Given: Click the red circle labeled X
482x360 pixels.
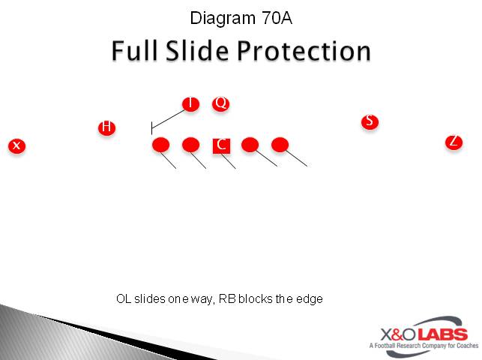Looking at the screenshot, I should (x=16, y=145).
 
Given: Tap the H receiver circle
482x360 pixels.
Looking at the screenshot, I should (x=107, y=127).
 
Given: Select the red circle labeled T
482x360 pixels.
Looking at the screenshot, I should (x=191, y=103).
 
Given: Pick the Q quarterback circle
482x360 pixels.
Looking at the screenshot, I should (x=220, y=103).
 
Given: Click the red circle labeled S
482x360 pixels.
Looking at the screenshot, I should (x=370, y=121).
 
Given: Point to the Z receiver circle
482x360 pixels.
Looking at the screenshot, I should (x=454, y=142).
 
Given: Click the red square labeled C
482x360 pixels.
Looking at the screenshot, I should (x=221, y=145).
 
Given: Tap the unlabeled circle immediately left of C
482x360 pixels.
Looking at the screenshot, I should (x=191, y=145).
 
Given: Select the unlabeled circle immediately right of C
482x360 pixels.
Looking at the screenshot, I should (x=250, y=145).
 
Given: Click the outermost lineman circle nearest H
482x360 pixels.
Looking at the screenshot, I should (x=161, y=145).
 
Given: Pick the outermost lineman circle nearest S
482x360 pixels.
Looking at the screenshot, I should (x=280, y=145).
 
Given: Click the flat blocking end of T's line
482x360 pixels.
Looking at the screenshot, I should (x=152, y=128).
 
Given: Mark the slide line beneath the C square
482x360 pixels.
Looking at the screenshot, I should (x=229, y=161).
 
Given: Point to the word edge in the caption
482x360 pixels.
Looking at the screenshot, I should (x=310, y=299).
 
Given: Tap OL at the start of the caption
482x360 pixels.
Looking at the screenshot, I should (x=124, y=299).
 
